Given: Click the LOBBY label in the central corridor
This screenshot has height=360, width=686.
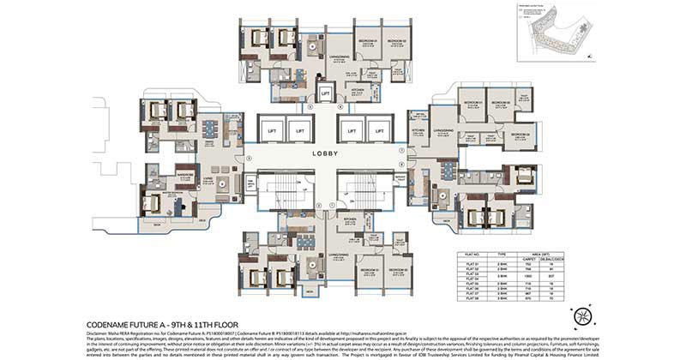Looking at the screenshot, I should (x=325, y=154).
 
